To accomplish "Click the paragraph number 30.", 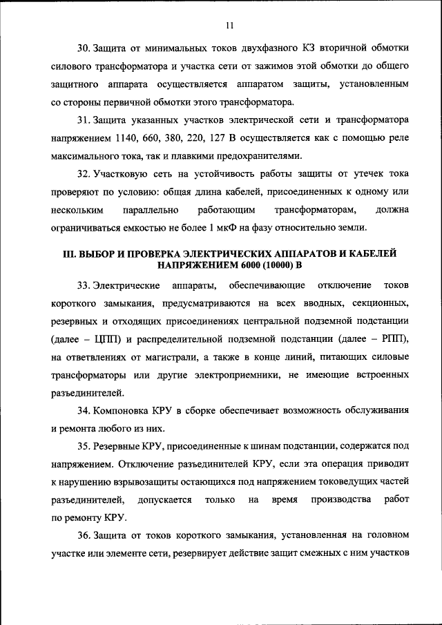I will click(x=83, y=48).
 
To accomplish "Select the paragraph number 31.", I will click(x=83, y=119).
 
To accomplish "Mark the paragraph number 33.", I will click(x=83, y=285).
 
